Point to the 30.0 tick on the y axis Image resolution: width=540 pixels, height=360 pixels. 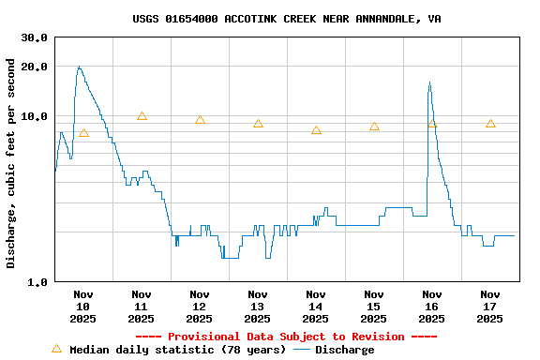pos(34,37)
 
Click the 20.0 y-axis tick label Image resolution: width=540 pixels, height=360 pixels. pos(34,67)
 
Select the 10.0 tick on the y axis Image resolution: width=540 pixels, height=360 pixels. pos(34,116)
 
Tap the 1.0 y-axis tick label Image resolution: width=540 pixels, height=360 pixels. pos(37,282)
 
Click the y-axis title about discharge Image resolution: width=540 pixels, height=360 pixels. pos(11,163)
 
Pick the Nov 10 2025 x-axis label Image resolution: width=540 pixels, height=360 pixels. pos(83,307)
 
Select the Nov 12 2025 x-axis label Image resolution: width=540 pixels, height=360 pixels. pos(200,307)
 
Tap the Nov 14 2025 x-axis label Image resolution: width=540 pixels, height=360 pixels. pos(316,307)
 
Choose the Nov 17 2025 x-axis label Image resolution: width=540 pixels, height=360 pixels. pos(490,307)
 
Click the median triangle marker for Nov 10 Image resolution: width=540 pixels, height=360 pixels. pos(83,133)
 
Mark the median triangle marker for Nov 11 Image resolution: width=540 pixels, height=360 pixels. pos(142,116)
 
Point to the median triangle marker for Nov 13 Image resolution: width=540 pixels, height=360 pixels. pos(258,124)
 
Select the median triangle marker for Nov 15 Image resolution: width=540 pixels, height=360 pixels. pos(374,127)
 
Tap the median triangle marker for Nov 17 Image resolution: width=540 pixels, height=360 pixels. pos(490,124)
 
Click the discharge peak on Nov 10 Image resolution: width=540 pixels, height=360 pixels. pos(79,67)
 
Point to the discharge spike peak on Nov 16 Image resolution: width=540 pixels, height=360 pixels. pos(429,82)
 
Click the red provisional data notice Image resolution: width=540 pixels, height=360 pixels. pos(286,337)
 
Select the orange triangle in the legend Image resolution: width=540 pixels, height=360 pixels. pos(56,349)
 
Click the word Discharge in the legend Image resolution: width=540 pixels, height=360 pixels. pos(344,350)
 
